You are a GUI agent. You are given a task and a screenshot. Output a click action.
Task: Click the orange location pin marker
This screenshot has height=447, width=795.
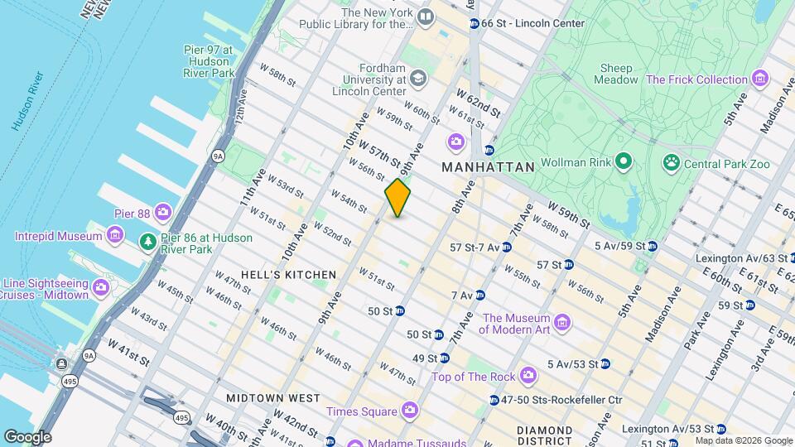[397, 197]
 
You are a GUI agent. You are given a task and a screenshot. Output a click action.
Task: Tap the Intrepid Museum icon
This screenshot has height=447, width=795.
[115, 237]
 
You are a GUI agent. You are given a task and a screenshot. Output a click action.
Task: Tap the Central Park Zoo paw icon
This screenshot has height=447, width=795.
[670, 164]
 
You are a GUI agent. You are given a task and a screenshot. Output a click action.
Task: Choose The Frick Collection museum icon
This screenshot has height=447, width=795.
[760, 79]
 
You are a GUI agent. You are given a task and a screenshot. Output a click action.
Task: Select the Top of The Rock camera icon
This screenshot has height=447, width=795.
[528, 377]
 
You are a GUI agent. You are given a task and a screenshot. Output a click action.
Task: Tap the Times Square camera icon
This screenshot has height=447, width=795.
[409, 411]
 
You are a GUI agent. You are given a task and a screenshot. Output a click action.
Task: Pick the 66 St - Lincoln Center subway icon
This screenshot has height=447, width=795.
[474, 23]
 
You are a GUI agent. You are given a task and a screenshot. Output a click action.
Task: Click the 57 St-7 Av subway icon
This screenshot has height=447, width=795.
[506, 247]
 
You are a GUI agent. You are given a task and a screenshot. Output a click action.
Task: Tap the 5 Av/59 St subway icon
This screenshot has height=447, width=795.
[653, 246]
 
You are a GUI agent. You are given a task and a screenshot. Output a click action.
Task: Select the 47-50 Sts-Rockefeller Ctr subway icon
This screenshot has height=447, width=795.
[494, 400]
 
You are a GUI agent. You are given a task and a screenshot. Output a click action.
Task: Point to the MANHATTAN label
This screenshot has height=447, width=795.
[488, 166]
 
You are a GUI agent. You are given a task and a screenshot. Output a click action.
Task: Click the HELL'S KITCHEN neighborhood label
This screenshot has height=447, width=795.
[288, 274]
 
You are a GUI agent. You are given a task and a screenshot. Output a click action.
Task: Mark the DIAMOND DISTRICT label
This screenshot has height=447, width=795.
[544, 436]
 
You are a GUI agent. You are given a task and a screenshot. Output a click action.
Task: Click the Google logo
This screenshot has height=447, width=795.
[27, 436]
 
